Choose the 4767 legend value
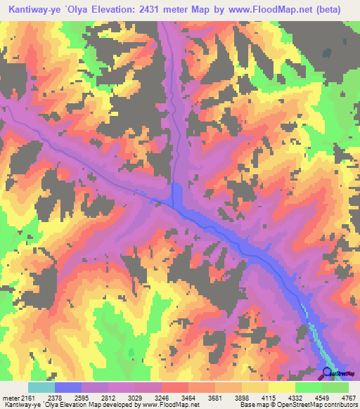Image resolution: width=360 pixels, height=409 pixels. pos(349,397)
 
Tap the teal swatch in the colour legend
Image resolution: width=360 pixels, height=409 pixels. pos(41,387)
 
